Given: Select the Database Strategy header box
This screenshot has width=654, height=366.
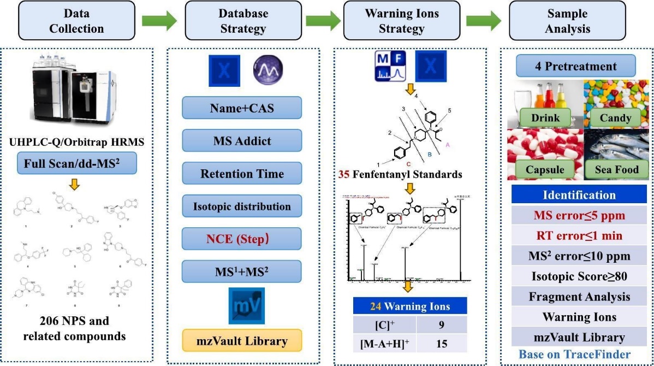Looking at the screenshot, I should click(x=242, y=21).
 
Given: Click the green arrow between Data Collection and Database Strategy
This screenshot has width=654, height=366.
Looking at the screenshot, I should click(x=159, y=22).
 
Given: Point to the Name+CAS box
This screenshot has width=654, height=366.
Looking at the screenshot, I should click(x=241, y=108).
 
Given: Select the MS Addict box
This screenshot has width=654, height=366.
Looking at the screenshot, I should click(x=241, y=141).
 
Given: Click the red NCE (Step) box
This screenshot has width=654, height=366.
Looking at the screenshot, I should click(x=241, y=239).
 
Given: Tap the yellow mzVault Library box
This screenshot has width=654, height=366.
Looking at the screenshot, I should click(x=241, y=341).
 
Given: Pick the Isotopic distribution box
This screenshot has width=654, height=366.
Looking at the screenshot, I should click(x=241, y=206).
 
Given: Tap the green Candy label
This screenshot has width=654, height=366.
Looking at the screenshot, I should click(x=615, y=117).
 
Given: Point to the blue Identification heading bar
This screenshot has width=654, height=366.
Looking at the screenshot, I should click(x=579, y=195).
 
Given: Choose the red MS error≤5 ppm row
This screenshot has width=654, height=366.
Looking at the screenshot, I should click(x=579, y=215).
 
